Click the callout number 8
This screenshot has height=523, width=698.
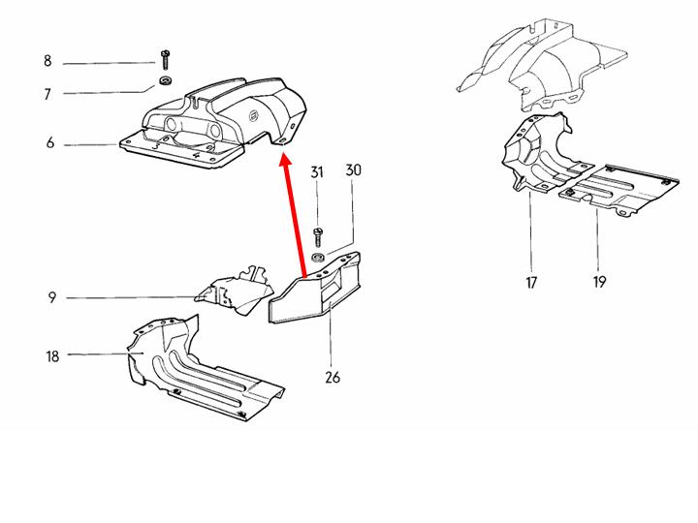[x=48, y=61]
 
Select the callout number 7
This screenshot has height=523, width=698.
[x=48, y=94]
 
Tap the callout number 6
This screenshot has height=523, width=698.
[x=50, y=142]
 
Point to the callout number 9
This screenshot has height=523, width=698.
[x=52, y=297]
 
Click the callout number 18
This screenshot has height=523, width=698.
[x=52, y=356]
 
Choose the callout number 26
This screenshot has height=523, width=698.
[x=333, y=378]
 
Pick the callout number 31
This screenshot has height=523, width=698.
[x=316, y=172]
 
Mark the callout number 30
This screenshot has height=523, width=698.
[x=354, y=169]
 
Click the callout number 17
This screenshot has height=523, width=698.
[x=531, y=283]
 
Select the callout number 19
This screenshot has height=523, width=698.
[x=599, y=282]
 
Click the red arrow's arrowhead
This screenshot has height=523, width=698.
[x=285, y=160]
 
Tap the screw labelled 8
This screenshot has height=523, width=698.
[x=165, y=60]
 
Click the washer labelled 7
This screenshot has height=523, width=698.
[x=166, y=81]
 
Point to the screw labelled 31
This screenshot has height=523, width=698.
[x=318, y=237]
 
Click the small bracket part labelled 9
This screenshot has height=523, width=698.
[x=235, y=292]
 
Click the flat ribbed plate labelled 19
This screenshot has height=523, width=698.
[x=619, y=190]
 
